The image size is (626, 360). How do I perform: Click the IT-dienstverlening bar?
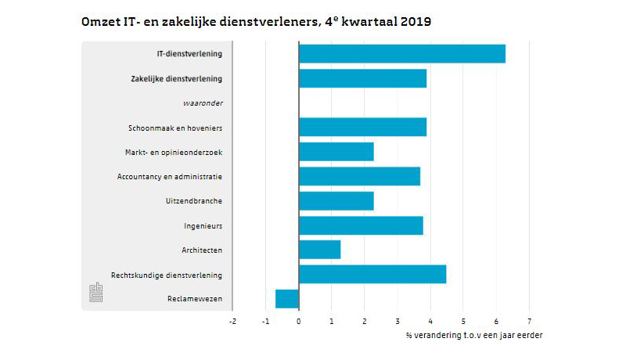click(x=401, y=54)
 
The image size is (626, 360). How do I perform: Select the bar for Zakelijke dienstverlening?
click(x=362, y=78)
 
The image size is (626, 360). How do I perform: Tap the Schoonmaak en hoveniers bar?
click(x=362, y=127)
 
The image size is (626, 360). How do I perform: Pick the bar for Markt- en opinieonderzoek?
click(x=336, y=151)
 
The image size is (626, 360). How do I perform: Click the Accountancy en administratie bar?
click(x=359, y=176)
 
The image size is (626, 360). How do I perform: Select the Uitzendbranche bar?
click(x=336, y=200)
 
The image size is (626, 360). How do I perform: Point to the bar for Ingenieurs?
click(x=361, y=225)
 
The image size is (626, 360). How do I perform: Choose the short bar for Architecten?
click(x=319, y=250)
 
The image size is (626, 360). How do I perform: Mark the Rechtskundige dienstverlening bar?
click(x=372, y=274)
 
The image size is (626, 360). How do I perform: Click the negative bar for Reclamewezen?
click(x=287, y=299)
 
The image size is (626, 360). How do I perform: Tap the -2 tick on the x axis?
click(x=232, y=320)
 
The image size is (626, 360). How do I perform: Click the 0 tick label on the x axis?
click(x=299, y=320)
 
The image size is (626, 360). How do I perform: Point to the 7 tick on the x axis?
click(x=529, y=320)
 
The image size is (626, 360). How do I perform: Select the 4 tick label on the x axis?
click(x=430, y=320)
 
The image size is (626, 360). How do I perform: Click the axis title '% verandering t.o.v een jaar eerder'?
click(x=474, y=335)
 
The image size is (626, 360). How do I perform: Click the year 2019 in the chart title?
click(x=415, y=23)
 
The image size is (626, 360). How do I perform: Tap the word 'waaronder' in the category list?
click(x=206, y=103)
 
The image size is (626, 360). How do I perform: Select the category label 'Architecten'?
click(x=201, y=250)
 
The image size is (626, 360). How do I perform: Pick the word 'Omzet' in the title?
click(x=99, y=23)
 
